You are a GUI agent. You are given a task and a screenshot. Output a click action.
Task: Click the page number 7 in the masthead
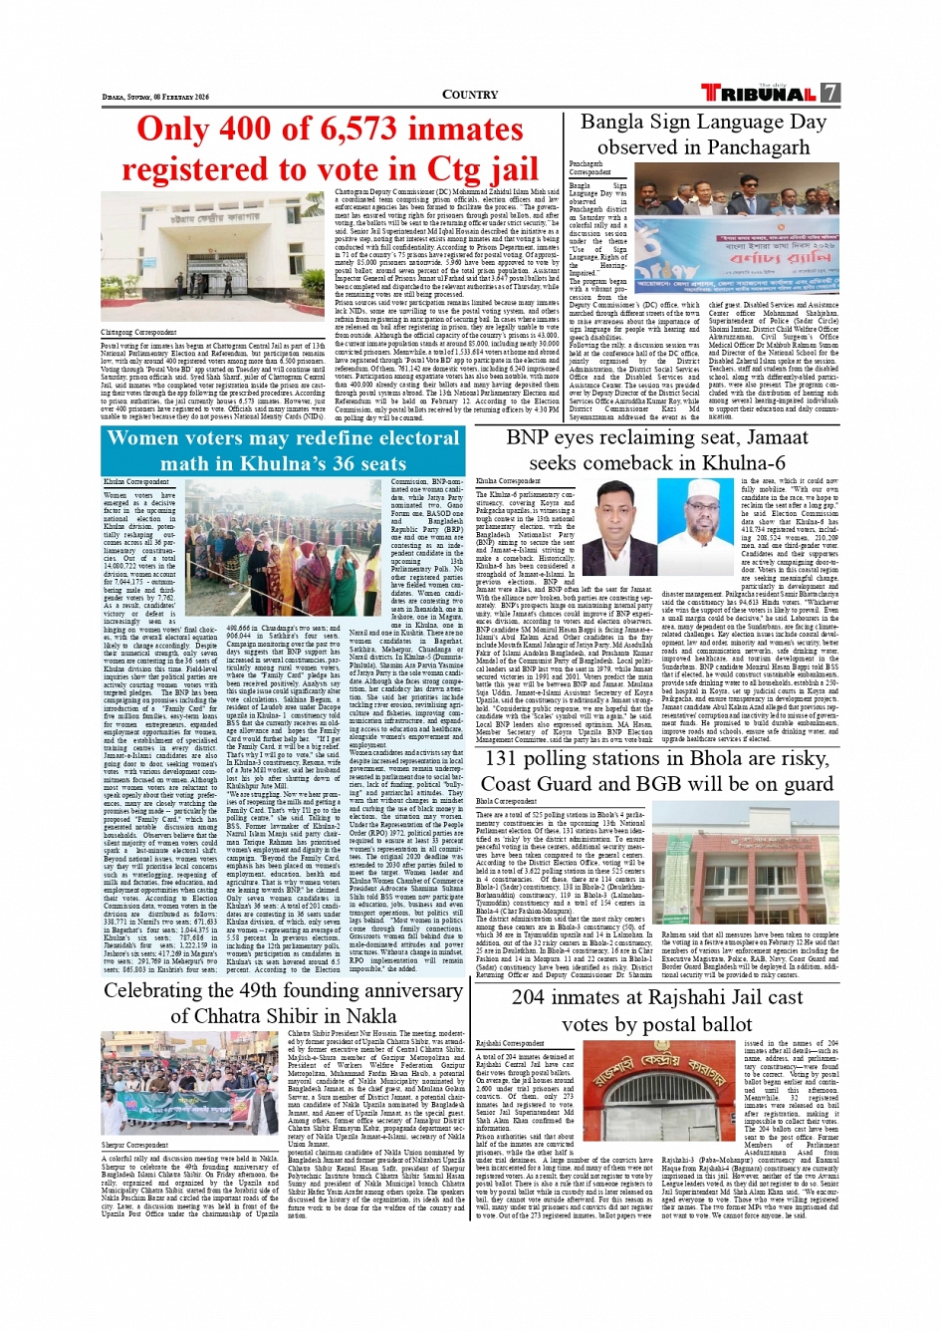point(829,93)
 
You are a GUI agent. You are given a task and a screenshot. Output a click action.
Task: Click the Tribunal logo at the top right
point(760,93)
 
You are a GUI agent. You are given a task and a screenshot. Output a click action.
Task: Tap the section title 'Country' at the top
point(469,95)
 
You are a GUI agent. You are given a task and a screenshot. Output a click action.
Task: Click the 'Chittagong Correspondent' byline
point(139,332)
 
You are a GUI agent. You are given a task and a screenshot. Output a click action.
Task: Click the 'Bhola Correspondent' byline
point(506,801)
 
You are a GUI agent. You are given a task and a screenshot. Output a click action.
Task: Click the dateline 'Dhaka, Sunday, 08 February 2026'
point(155,97)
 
